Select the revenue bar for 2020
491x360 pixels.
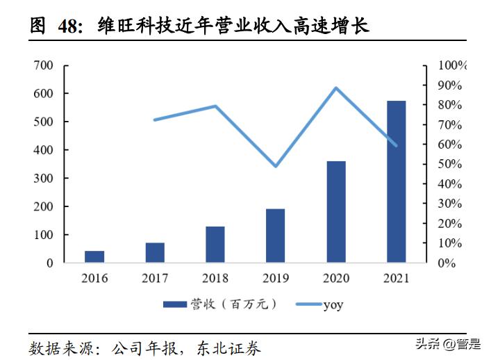336,212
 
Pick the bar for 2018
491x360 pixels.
215,245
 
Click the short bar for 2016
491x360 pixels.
94,256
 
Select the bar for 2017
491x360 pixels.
155,253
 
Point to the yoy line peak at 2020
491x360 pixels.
336,88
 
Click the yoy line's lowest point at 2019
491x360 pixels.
276,166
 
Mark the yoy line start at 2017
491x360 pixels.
155,120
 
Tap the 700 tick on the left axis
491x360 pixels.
43,65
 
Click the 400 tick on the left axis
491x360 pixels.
43,150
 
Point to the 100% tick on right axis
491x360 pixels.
452,65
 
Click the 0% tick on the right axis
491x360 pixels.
447,263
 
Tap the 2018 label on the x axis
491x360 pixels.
215,278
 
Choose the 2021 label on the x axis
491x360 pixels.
396,278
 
